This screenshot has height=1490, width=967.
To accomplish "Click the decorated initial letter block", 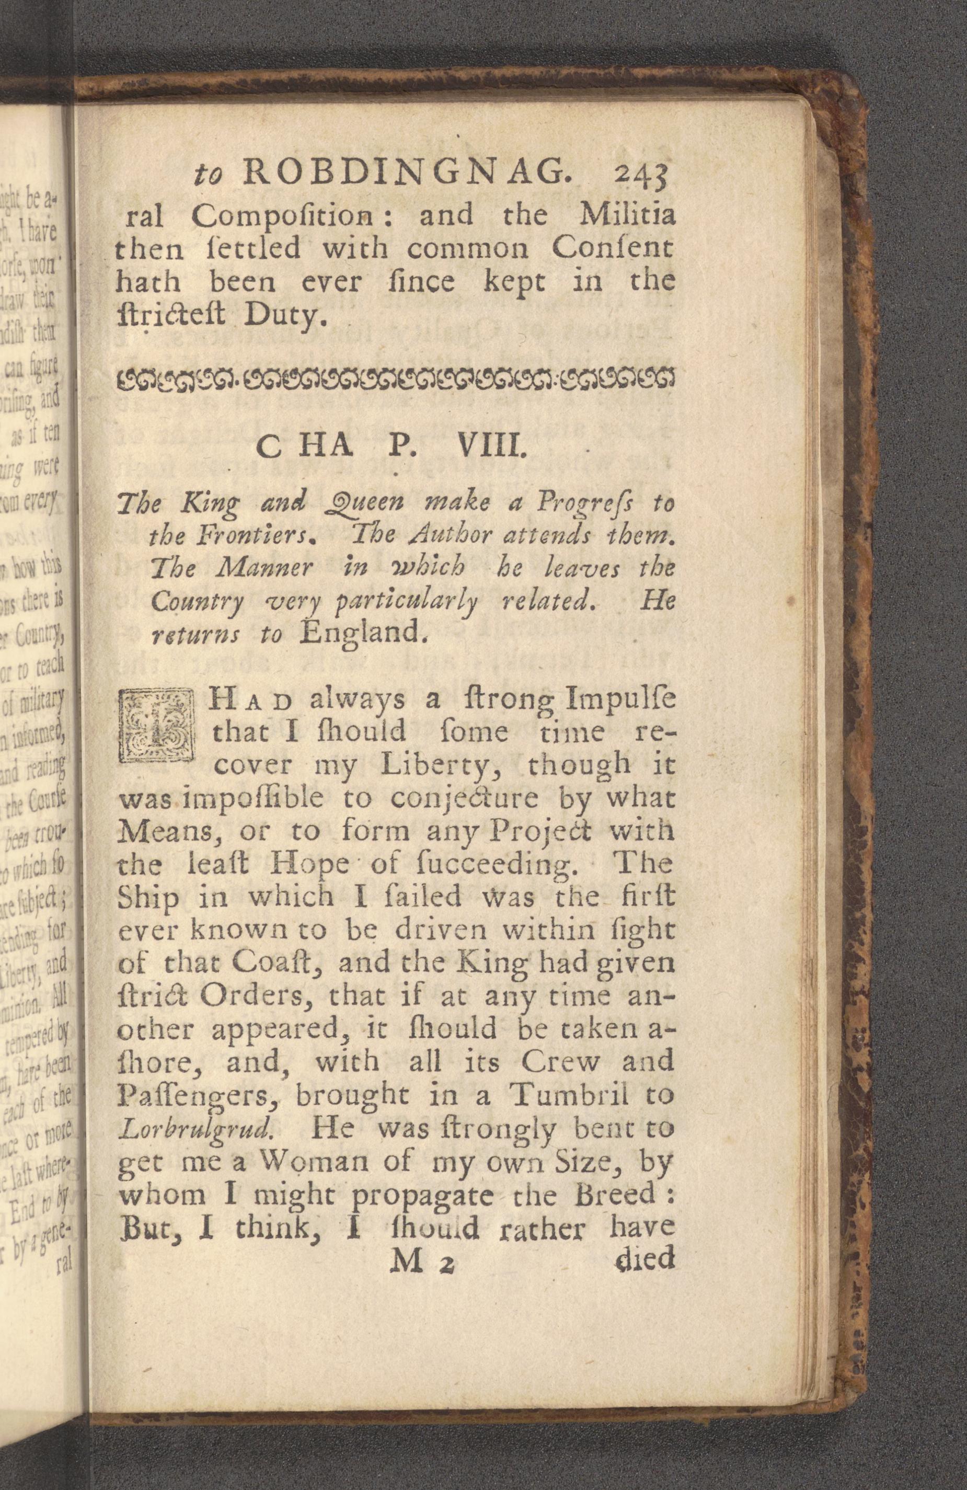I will coord(158,726).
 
